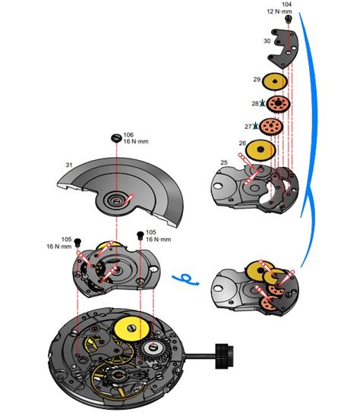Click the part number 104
[x=286, y=5]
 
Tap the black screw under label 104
[x=287, y=20]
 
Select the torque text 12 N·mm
[x=281, y=12]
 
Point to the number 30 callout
[x=266, y=41]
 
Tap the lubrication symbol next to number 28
[x=264, y=103]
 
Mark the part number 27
[x=248, y=126]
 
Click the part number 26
[x=242, y=143]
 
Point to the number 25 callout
[x=224, y=162]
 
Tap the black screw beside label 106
[x=115, y=138]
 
